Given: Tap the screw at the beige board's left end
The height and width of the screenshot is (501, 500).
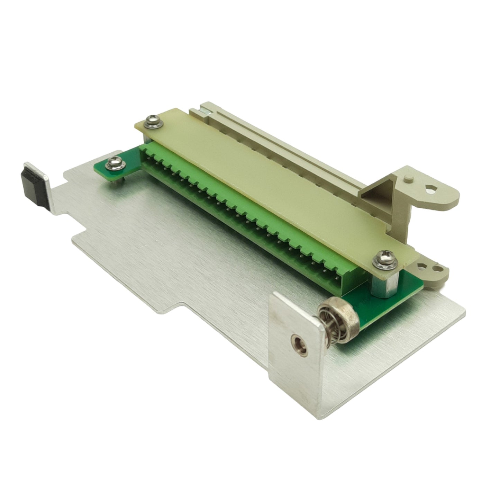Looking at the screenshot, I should coord(151,121).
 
